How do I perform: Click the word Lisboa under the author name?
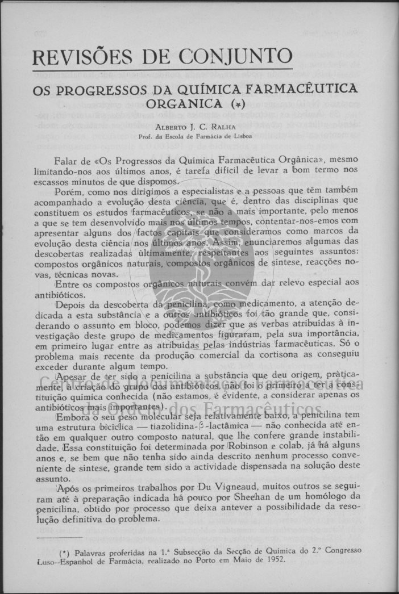point(241,136)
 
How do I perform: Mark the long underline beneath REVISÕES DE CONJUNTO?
point(162,70)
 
